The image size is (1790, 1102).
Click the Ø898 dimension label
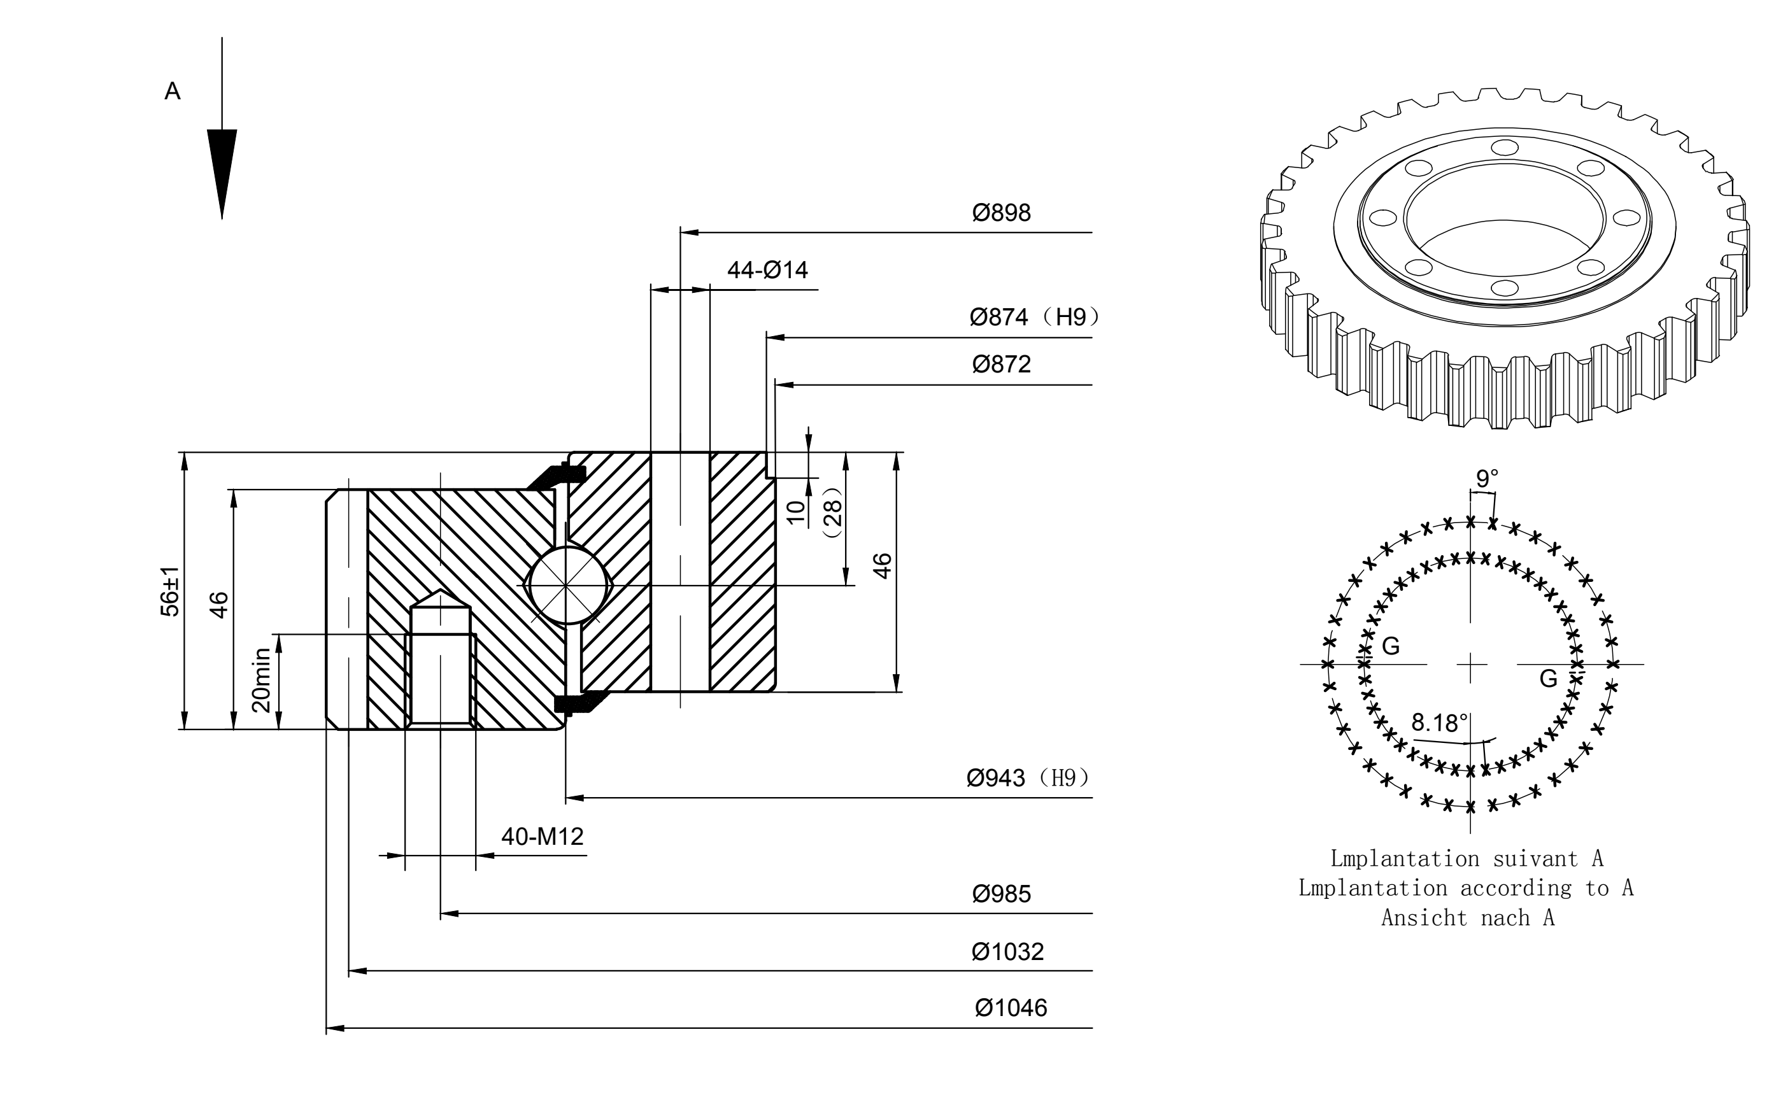click(x=1002, y=213)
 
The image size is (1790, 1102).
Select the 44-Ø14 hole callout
click(x=767, y=271)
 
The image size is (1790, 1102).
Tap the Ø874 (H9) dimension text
click(x=1034, y=317)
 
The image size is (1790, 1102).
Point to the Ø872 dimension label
click(x=1002, y=364)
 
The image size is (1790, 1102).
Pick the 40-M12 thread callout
click(x=543, y=837)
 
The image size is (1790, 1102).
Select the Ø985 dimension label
click(x=1002, y=894)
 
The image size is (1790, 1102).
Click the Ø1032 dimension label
click(x=1007, y=952)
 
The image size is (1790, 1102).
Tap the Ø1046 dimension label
click(x=1011, y=1008)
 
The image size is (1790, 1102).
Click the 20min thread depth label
click(x=261, y=680)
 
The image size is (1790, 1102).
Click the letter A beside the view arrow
click(x=172, y=91)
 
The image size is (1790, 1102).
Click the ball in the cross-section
click(x=567, y=585)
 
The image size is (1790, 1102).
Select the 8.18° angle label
click(x=1439, y=723)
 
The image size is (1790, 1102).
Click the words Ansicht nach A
click(x=1468, y=917)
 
